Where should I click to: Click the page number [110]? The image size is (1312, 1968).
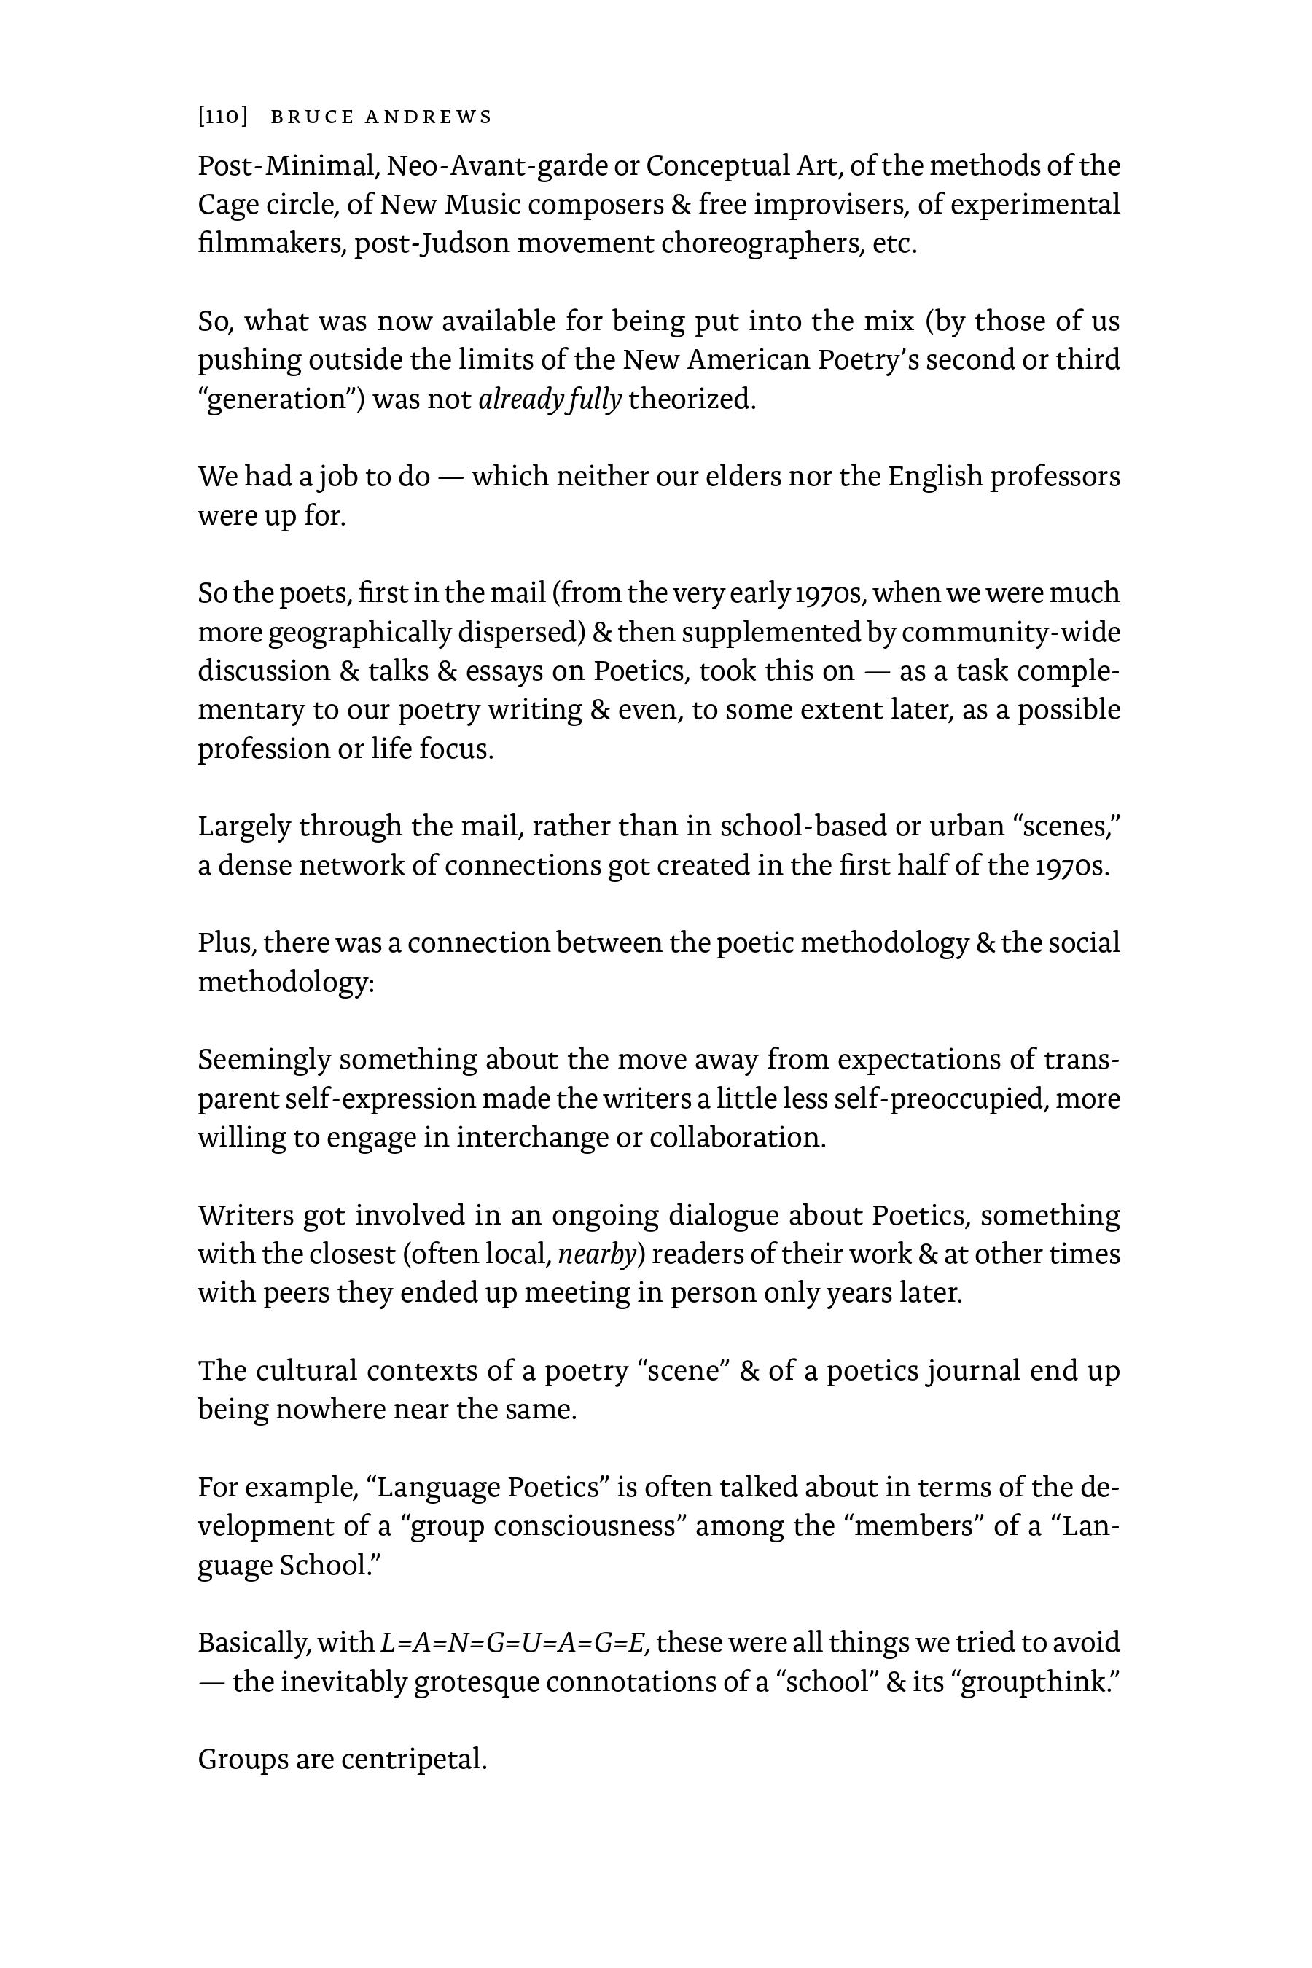pos(222,117)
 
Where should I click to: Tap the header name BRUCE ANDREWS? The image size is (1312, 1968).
pos(381,117)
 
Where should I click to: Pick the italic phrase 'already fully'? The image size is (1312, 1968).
pos(550,399)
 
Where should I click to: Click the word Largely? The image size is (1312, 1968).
pos(244,826)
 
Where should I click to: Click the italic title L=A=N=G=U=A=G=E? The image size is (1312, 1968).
pos(514,1644)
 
